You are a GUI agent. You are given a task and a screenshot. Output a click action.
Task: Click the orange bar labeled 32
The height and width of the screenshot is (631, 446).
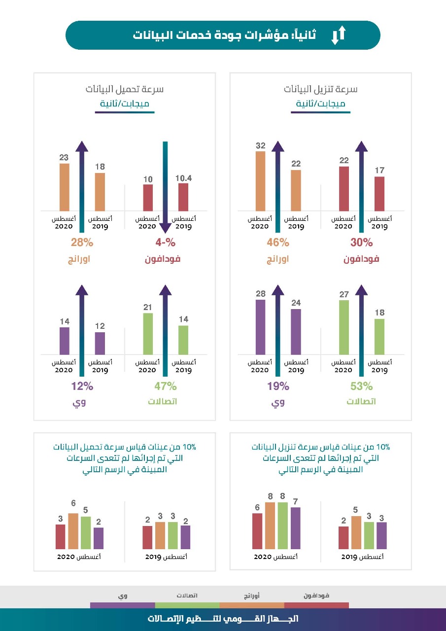[260, 181]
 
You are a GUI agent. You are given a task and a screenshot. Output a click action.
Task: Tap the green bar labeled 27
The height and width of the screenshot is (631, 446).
[344, 327]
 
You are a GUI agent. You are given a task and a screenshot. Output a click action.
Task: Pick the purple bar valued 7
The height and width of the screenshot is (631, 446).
[296, 528]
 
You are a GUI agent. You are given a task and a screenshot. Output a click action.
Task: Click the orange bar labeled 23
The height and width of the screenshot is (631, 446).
[65, 187]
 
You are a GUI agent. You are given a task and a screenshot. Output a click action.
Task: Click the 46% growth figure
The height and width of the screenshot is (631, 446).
[278, 243]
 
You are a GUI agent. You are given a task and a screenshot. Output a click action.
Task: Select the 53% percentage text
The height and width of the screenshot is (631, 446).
[362, 386]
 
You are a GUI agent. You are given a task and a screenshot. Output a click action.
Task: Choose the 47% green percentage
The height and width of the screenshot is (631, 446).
[166, 386]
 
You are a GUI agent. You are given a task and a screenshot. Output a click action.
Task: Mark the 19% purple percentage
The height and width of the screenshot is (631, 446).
[278, 386]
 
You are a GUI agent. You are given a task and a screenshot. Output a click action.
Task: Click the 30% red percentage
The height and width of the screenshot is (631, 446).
[362, 243]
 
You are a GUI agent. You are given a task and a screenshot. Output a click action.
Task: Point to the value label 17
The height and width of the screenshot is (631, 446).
[379, 171]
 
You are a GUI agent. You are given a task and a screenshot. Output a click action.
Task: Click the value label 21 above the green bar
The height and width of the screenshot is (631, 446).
[148, 307]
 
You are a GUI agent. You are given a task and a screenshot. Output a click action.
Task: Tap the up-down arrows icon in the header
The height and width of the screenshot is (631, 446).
[339, 35]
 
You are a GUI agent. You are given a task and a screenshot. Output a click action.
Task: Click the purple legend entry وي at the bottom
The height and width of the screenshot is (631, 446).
[122, 596]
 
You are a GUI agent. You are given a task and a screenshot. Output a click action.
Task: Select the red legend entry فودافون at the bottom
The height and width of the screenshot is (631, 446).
[316, 596]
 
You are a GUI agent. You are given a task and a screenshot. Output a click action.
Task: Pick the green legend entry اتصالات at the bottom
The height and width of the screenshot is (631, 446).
[187, 596]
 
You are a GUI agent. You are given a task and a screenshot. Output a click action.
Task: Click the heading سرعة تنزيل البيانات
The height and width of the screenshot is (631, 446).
[320, 89]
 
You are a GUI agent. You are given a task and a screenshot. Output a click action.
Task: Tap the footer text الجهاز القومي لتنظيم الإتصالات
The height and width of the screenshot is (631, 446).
[223, 619]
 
